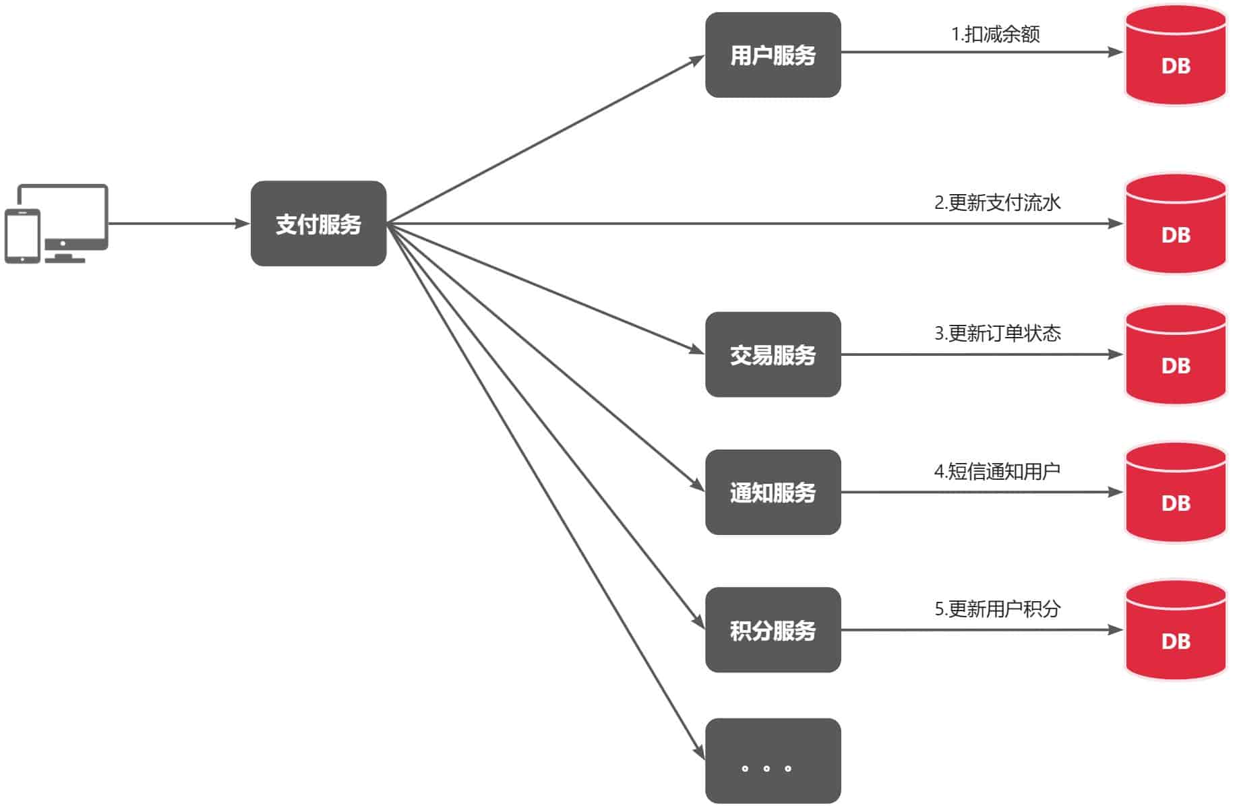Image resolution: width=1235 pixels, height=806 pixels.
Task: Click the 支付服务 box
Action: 318,224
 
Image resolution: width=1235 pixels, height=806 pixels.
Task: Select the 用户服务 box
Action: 773,55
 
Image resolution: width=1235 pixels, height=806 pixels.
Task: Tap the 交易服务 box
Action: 773,354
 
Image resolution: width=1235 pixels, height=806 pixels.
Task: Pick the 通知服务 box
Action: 773,493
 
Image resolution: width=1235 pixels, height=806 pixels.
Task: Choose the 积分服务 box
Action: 773,630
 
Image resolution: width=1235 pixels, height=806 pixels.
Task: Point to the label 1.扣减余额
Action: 995,34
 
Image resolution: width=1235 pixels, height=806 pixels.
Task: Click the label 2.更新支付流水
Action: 997,202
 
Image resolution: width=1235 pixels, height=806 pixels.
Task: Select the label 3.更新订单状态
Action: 997,333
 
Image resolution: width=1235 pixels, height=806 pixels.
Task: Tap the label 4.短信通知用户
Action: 997,471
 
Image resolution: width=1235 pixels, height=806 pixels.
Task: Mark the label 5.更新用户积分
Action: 997,609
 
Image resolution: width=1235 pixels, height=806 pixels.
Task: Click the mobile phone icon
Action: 22,236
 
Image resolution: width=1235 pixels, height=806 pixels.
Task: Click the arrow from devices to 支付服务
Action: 179,224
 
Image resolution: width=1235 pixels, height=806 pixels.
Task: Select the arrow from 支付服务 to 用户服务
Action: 546,139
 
